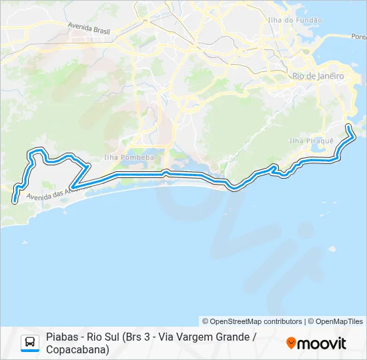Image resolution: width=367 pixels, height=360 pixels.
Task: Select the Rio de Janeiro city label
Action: click(318, 76)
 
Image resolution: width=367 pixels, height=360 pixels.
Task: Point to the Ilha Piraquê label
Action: click(306, 141)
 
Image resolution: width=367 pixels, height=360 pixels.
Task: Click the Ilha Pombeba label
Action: click(119, 157)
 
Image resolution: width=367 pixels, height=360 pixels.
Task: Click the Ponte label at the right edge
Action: click(358, 37)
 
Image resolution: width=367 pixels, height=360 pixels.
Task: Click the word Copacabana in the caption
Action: click(77, 349)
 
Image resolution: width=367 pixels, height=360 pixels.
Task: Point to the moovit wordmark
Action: click(322, 343)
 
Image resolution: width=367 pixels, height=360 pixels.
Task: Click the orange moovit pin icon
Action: click(291, 343)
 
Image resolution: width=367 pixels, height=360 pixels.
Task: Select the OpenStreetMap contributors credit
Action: click(252, 321)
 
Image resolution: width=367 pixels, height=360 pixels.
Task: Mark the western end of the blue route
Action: click(14, 199)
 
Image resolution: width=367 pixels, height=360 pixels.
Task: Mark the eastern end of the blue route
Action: click(348, 126)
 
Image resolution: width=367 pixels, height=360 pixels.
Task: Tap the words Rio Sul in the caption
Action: click(102, 337)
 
